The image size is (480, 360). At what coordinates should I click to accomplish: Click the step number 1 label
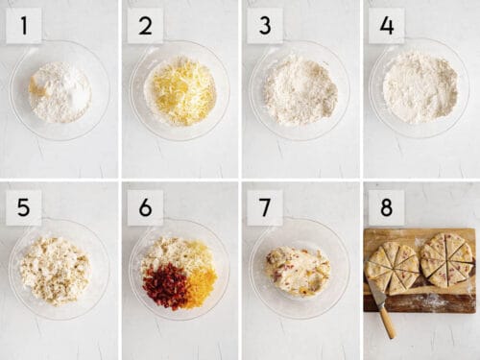coord(23,26)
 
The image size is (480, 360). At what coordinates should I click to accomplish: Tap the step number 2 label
coord(145,26)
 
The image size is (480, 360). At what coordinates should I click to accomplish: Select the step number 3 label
coord(265,26)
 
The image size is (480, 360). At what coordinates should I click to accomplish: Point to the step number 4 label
coord(386,26)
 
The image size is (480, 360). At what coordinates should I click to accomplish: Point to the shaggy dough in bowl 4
coord(420,88)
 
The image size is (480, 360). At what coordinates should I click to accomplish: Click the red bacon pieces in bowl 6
coord(166,285)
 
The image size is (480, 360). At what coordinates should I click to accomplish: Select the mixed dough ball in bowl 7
coord(298,270)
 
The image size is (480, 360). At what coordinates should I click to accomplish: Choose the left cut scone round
coord(393,266)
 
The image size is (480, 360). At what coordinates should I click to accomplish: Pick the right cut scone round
coord(447,259)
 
